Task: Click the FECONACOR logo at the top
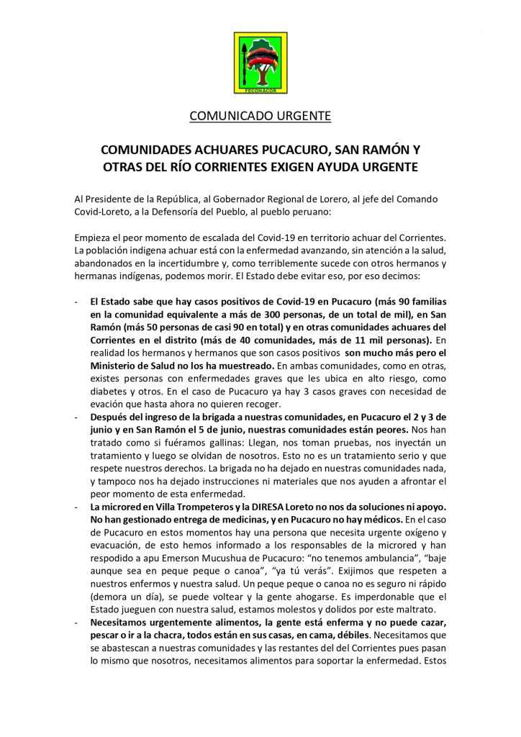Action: [x=260, y=63]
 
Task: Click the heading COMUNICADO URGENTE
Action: [x=260, y=115]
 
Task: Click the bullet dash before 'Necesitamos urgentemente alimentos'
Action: [x=76, y=625]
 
